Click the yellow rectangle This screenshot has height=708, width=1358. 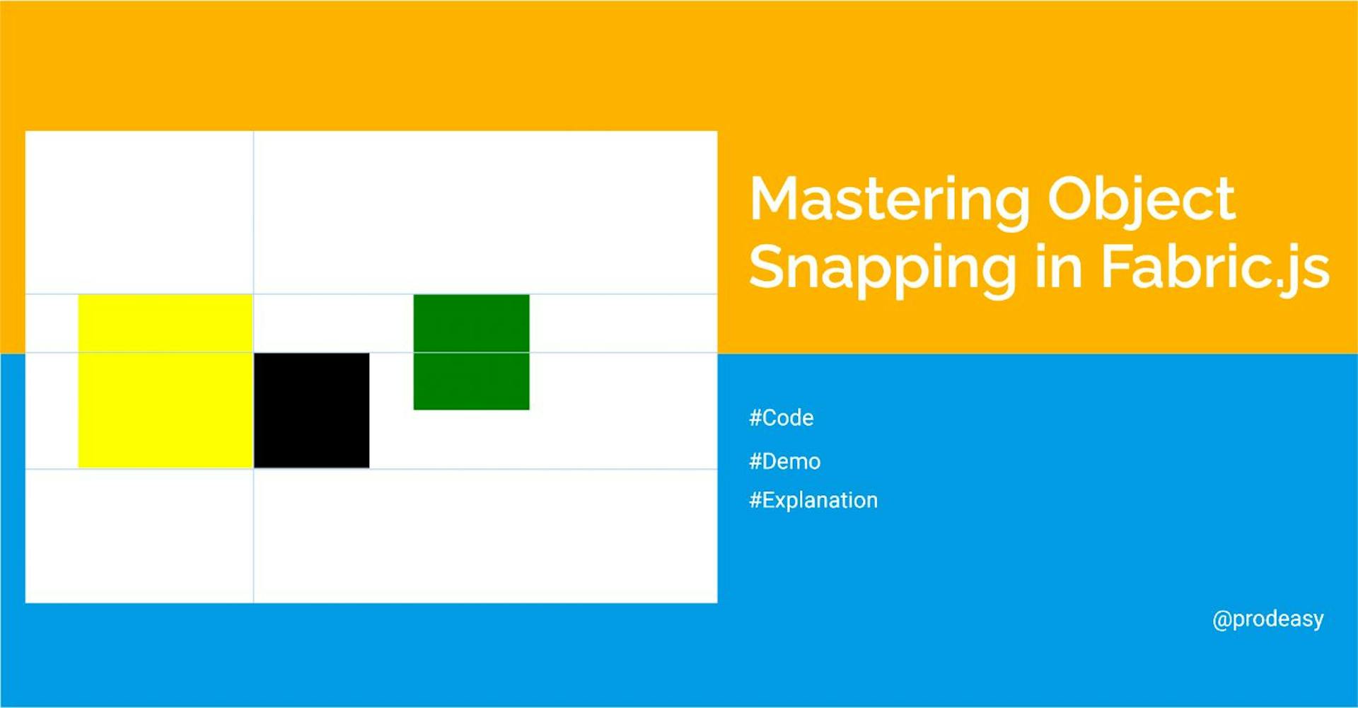coord(165,381)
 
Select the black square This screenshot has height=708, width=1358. coord(311,410)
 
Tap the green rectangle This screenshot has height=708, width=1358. coord(471,352)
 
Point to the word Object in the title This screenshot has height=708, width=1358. coord(1141,200)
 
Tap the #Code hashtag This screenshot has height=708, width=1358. coord(781,418)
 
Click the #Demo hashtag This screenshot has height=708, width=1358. coord(784,461)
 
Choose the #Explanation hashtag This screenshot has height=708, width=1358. coord(813,501)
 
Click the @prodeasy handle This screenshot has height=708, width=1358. coord(1267,619)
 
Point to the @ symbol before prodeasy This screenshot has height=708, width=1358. coord(1221,620)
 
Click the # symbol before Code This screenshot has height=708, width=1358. coord(755,418)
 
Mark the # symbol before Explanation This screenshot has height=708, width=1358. coord(755,501)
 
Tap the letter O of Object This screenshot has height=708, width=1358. coord(1072,199)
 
